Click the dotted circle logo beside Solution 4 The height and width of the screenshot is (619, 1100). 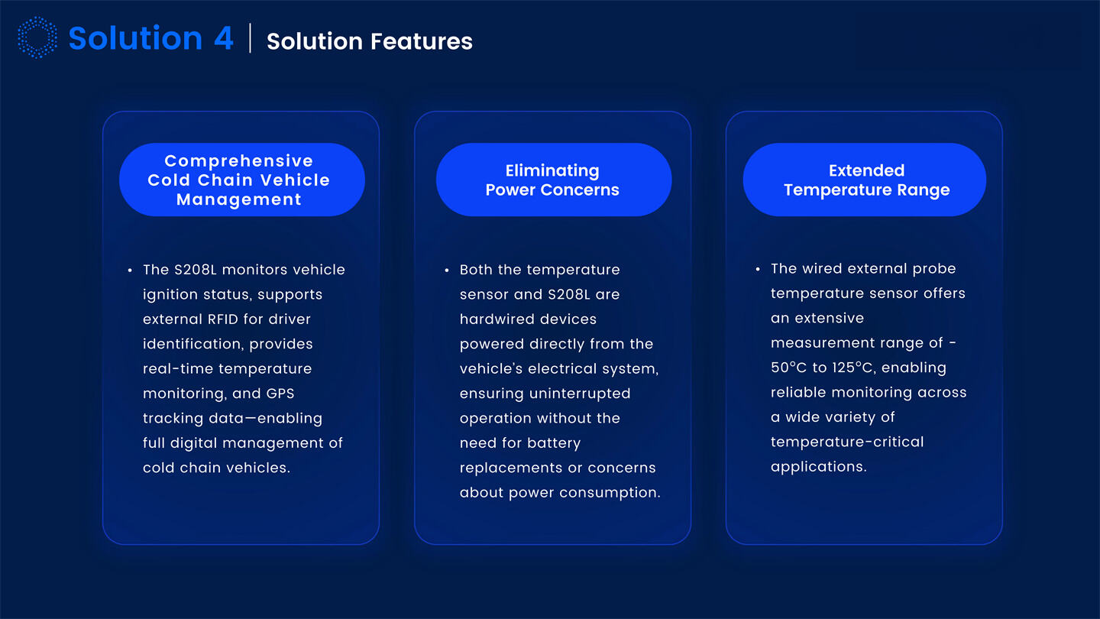point(37,38)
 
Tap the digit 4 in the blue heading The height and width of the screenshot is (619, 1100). point(223,38)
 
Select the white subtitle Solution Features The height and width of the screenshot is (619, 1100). point(369,41)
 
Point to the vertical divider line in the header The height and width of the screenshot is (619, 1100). point(251,38)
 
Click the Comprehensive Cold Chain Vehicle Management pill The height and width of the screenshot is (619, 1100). point(241,180)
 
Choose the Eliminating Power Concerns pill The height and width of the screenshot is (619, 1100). point(553,180)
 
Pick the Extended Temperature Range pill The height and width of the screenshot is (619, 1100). point(865,180)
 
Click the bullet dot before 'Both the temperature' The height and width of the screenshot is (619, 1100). point(447,271)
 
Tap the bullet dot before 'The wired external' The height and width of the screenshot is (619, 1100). point(758,270)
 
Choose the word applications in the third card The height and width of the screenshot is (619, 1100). point(818,467)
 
